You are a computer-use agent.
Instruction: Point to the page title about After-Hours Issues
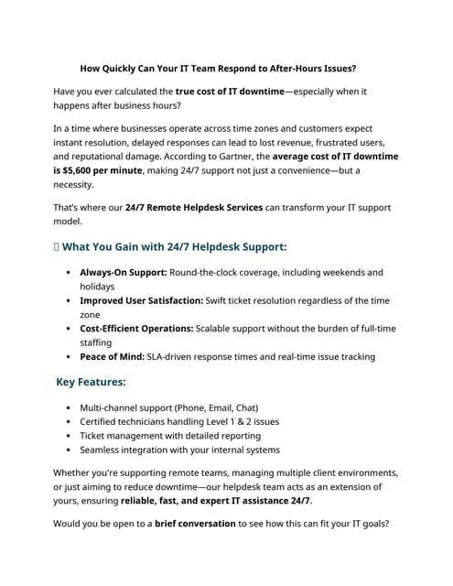[x=218, y=68]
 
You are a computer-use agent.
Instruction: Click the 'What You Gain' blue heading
[x=174, y=247]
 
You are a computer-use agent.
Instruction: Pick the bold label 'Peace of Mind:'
[x=112, y=357]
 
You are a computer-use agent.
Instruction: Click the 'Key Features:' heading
[x=91, y=383]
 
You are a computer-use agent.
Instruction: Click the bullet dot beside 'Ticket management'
[x=70, y=436]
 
